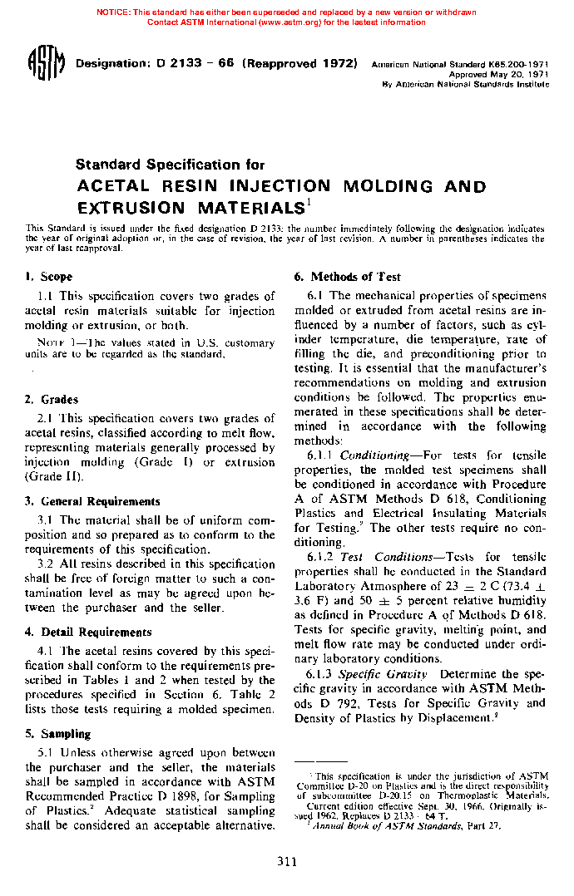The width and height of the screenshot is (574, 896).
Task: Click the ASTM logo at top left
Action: (47, 66)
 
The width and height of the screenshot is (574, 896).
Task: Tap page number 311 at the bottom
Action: (287, 862)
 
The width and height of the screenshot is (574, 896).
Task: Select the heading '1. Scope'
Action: (49, 277)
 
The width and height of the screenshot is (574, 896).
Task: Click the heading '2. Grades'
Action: (52, 400)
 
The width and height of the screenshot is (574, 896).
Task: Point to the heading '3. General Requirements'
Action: (92, 501)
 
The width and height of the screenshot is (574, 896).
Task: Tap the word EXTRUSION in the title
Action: (131, 208)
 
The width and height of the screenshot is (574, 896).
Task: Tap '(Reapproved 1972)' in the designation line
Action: (299, 64)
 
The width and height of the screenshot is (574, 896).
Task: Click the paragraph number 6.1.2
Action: (321, 557)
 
